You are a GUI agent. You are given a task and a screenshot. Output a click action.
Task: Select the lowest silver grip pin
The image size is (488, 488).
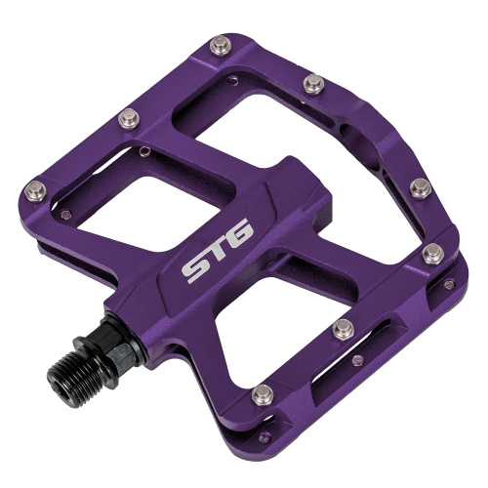coord(263,393)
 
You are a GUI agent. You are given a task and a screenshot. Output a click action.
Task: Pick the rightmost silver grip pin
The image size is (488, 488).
coord(432,255)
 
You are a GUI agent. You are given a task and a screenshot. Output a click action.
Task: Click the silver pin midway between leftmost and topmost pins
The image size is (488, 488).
coord(129,118)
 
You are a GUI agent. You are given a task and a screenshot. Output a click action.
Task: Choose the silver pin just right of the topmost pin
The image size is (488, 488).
coord(314,83)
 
